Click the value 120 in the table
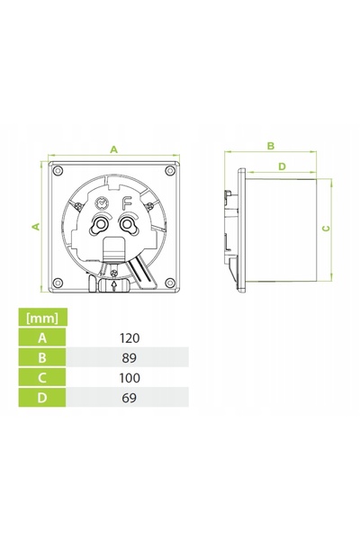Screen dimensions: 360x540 pyautogui.click(x=130, y=337)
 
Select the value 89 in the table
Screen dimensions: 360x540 pyautogui.click(x=130, y=358)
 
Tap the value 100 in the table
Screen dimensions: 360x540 pyautogui.click(x=130, y=378)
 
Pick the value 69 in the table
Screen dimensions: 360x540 pyautogui.click(x=130, y=398)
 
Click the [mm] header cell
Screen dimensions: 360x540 pyautogui.click(x=42, y=317)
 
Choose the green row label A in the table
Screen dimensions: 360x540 pyautogui.click(x=42, y=337)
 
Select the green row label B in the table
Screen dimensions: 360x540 pyautogui.click(x=42, y=357)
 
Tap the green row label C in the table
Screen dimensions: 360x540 pyautogui.click(x=42, y=377)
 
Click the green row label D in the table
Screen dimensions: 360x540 pyautogui.click(x=42, y=398)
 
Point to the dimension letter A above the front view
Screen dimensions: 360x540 pyautogui.click(x=113, y=149)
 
